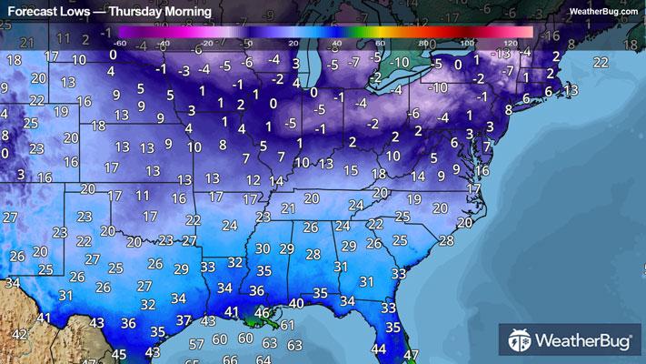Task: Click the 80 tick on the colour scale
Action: [423, 43]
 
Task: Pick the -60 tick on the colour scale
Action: [121, 43]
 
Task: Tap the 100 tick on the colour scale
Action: [467, 43]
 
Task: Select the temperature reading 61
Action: [287, 324]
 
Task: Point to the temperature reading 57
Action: [196, 343]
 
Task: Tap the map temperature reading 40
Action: [296, 304]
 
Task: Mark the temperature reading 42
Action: [18, 334]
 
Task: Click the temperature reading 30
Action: [263, 248]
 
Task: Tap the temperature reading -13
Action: [569, 90]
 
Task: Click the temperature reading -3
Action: [184, 70]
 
